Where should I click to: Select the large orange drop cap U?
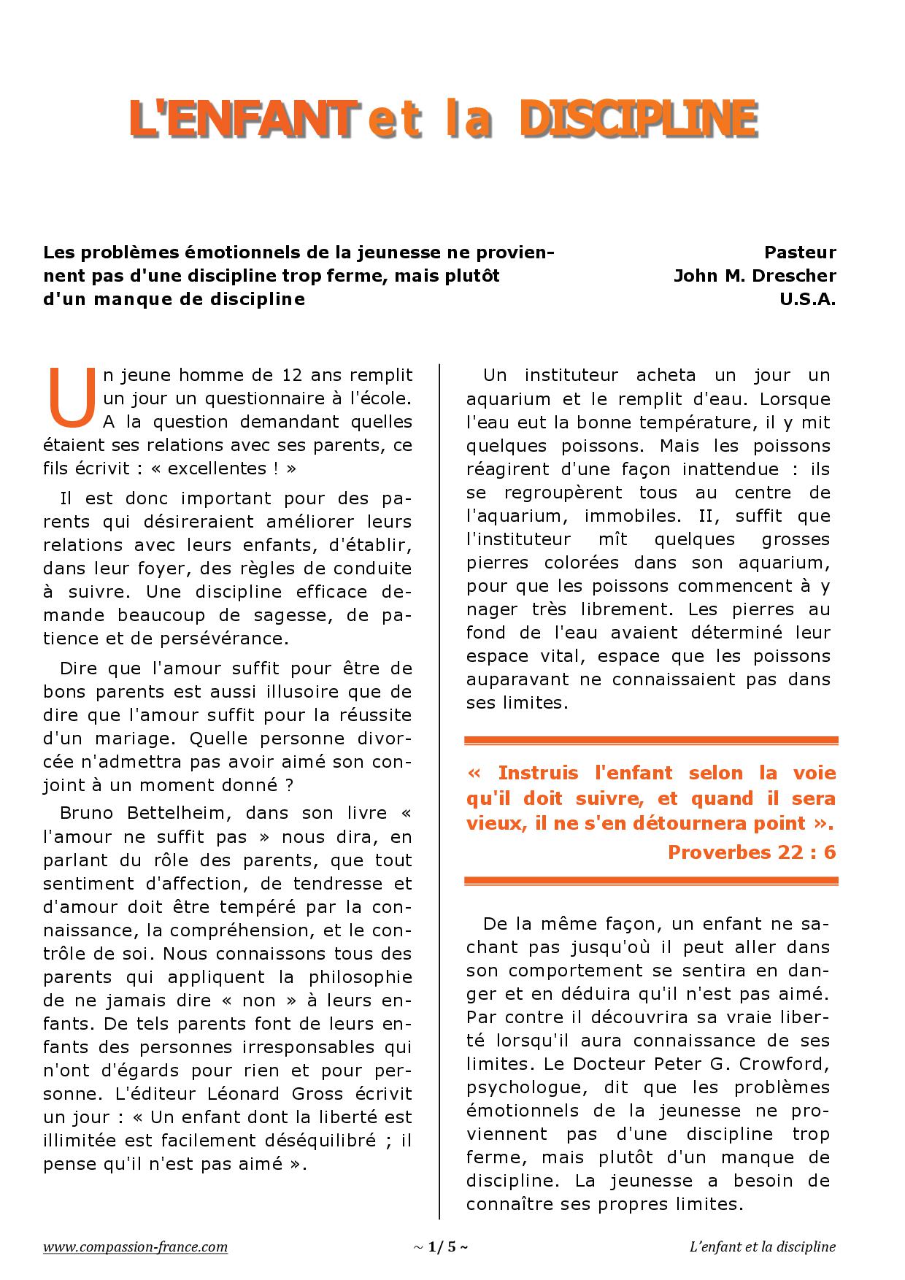point(72,398)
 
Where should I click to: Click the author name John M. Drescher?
point(755,276)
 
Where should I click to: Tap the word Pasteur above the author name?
point(800,252)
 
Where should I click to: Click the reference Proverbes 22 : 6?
point(752,852)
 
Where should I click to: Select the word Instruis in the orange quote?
point(538,773)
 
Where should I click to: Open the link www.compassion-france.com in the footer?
point(135,1246)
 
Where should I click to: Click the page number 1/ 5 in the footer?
point(441,1246)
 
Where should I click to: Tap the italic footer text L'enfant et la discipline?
point(762,1246)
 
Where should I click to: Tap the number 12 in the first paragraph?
point(292,375)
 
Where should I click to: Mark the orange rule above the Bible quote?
point(651,741)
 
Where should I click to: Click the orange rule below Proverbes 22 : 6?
point(651,882)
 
